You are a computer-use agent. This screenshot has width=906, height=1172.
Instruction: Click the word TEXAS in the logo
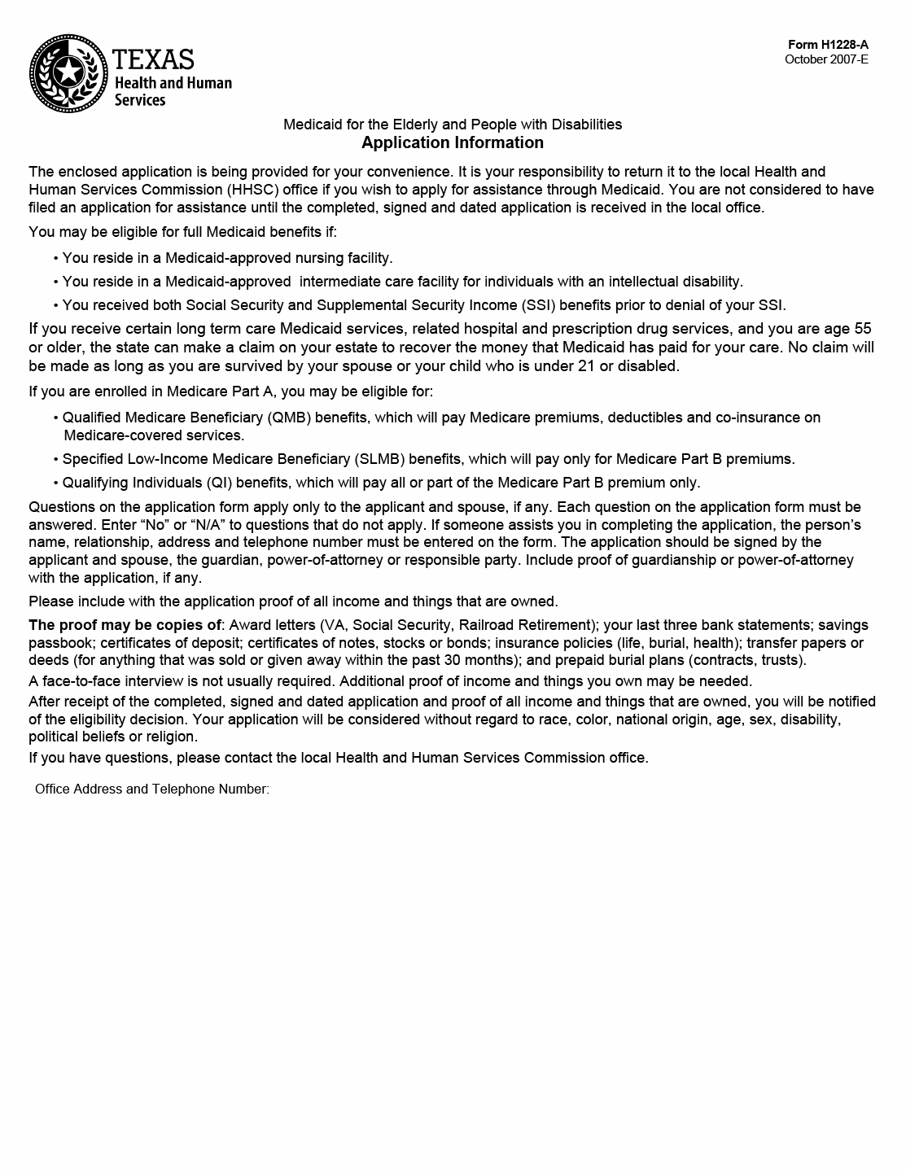click(154, 59)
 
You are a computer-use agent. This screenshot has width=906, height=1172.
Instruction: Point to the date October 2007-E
click(826, 59)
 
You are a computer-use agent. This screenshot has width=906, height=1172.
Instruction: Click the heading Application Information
click(453, 142)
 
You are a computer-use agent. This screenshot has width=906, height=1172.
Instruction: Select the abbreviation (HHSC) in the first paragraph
click(252, 190)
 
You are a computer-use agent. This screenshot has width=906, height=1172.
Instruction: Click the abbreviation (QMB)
click(288, 418)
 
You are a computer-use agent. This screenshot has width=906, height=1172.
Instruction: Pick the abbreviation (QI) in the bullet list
click(219, 483)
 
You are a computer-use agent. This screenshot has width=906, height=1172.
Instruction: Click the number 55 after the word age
click(863, 329)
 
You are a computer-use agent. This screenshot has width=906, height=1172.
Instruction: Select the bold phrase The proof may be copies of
click(125, 625)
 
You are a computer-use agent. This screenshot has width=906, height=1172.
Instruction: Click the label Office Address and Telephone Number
click(151, 789)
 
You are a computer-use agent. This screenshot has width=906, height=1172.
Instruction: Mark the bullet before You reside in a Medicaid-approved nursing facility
click(56, 259)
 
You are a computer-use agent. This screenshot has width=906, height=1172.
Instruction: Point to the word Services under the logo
click(140, 100)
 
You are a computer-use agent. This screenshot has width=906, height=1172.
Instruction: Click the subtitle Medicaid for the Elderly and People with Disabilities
click(453, 125)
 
